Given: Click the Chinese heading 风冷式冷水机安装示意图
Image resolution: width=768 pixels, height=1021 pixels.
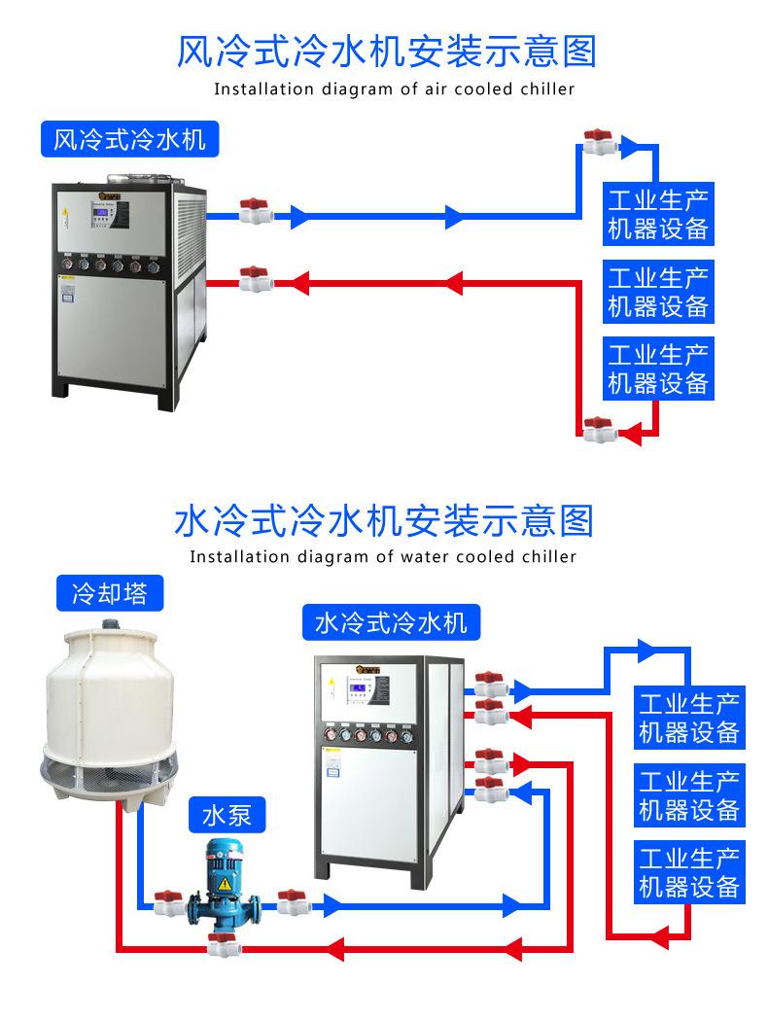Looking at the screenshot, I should click(x=385, y=52).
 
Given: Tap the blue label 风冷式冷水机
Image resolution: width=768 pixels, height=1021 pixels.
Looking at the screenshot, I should click(x=129, y=139).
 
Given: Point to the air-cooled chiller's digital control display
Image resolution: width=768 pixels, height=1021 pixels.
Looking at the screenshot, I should click(x=103, y=215).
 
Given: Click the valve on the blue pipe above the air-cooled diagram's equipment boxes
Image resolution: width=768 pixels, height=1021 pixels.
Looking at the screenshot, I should click(x=597, y=144).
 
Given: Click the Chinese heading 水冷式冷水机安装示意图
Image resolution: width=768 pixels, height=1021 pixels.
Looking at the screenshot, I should click(x=383, y=520).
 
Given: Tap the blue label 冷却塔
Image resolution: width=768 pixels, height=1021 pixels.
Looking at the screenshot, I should click(x=110, y=592).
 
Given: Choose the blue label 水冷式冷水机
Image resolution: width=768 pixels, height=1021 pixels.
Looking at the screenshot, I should click(x=391, y=622).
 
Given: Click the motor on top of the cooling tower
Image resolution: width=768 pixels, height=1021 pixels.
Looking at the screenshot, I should click(x=110, y=618).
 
